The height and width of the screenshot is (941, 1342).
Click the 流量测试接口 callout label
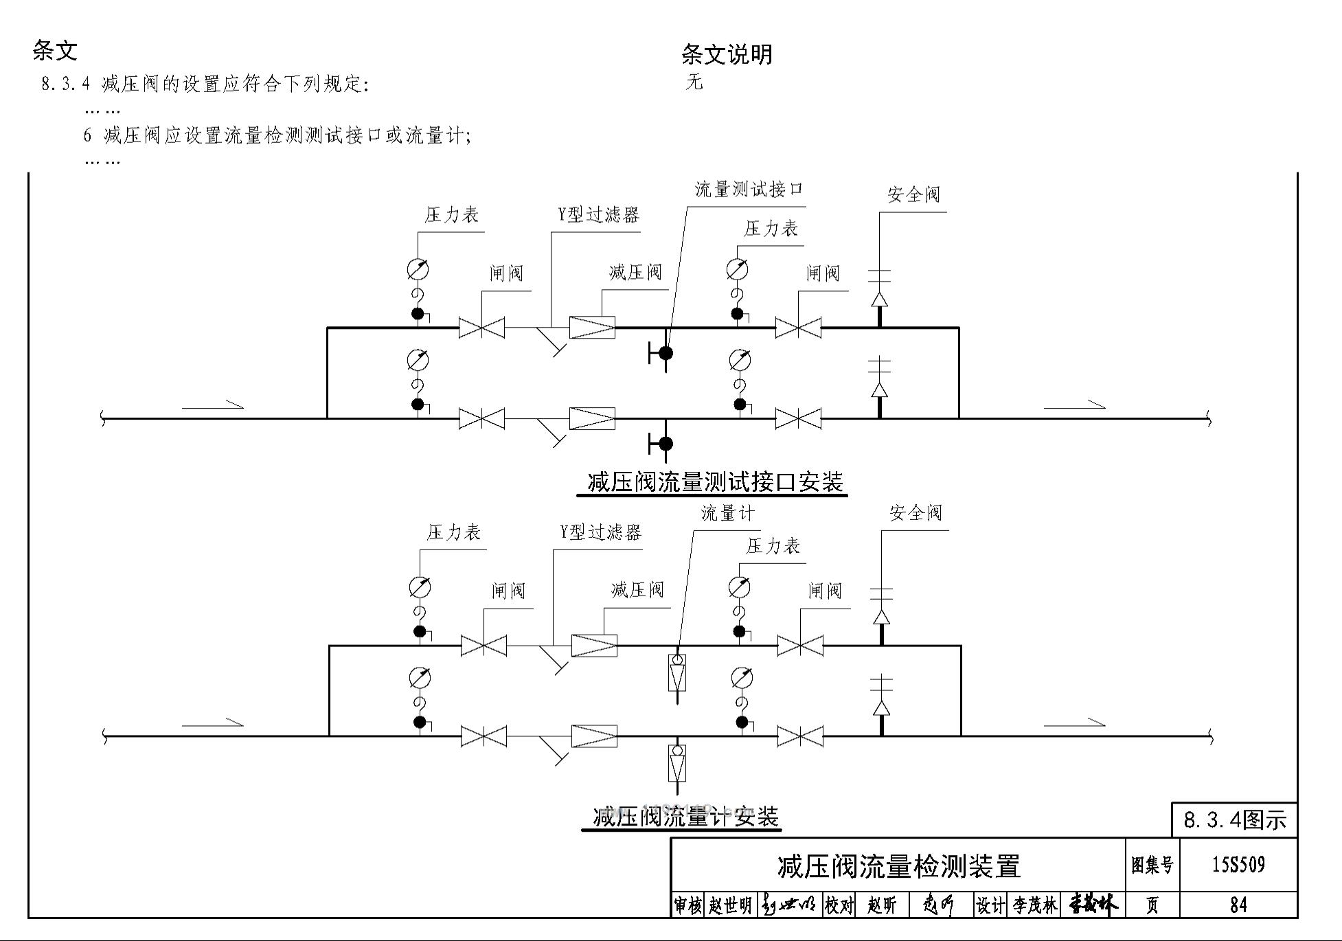pyautogui.click(x=749, y=189)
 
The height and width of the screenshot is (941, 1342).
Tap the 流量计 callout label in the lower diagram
pyautogui.click(x=727, y=512)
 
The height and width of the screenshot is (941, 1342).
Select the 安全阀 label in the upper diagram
pyautogui.click(x=913, y=195)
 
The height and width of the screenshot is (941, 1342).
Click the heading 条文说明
pyautogui.click(x=727, y=54)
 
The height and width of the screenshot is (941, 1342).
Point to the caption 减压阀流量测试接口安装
pyautogui.click(x=715, y=482)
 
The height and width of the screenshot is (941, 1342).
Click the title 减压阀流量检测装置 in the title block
pyautogui.click(x=898, y=866)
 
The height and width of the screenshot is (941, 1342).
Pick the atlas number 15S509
pyautogui.click(x=1238, y=865)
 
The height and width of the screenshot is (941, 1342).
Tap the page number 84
pyautogui.click(x=1238, y=905)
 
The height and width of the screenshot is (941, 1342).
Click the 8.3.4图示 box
pyautogui.click(x=1234, y=820)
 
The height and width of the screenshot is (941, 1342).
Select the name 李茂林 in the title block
pyautogui.click(x=1034, y=905)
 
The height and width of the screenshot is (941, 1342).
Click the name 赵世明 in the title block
pyautogui.click(x=730, y=905)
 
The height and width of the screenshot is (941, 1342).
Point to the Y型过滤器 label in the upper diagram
pyautogui.click(x=598, y=215)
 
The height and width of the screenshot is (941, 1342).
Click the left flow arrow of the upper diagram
pyautogui.click(x=213, y=407)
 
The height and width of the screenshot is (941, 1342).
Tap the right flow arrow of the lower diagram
pyautogui.click(x=1075, y=723)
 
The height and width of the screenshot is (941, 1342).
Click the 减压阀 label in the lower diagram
pyautogui.click(x=637, y=589)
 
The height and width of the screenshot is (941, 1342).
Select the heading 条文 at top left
pyautogui.click(x=55, y=50)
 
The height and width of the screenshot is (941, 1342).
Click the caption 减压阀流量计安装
pyautogui.click(x=685, y=817)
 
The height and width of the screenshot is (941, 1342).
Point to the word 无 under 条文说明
pyautogui.click(x=694, y=82)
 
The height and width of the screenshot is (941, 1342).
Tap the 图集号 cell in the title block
pyautogui.click(x=1152, y=865)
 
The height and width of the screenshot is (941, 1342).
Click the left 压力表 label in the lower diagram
pyautogui.click(x=453, y=532)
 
